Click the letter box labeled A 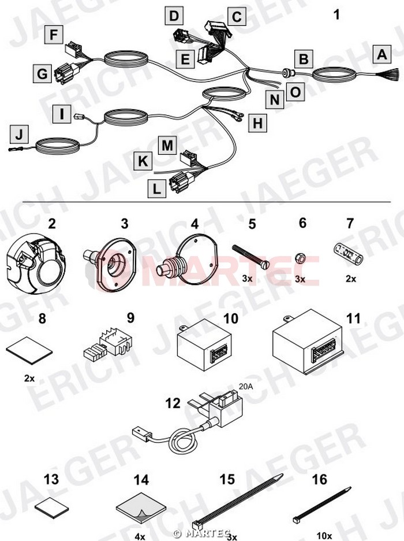(x=382, y=54)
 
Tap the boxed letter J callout (x=19, y=134)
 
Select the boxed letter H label (x=257, y=123)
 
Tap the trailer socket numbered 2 (x=36, y=266)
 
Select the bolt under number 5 (x=250, y=258)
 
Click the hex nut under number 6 (x=300, y=257)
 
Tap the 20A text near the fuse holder (x=245, y=387)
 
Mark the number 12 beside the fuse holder (x=173, y=403)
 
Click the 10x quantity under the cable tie (x=324, y=536)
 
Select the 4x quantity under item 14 (x=140, y=536)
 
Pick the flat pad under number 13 (x=52, y=507)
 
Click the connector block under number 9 (x=107, y=346)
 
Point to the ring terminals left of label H (x=237, y=116)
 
